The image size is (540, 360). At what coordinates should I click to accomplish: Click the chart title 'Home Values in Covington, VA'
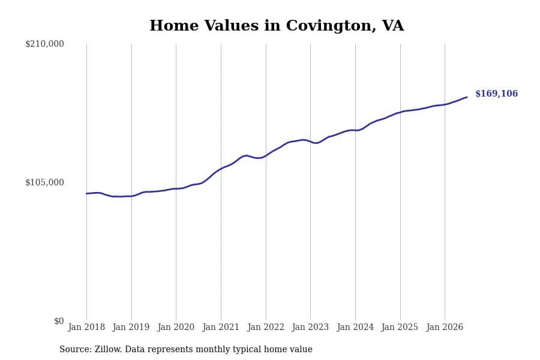click(x=277, y=26)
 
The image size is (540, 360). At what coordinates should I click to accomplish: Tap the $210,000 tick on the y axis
click(x=44, y=44)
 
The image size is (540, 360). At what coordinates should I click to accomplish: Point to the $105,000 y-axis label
click(x=44, y=182)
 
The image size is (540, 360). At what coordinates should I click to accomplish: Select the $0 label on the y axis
click(x=59, y=321)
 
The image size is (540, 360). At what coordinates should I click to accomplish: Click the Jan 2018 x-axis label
click(x=86, y=327)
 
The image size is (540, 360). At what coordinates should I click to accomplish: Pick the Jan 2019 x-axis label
click(x=131, y=327)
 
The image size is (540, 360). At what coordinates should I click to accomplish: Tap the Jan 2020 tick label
click(x=176, y=327)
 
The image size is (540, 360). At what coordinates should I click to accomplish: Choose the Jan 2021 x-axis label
click(x=221, y=327)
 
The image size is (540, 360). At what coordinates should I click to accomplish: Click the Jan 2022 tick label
click(x=266, y=327)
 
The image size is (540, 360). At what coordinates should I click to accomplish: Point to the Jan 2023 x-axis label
click(x=310, y=327)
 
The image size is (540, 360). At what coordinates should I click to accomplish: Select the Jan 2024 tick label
click(x=355, y=327)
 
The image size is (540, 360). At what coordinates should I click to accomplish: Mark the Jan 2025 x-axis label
click(x=400, y=327)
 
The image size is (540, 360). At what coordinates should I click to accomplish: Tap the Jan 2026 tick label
click(x=445, y=327)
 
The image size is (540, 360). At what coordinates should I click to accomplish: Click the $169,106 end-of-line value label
click(x=497, y=94)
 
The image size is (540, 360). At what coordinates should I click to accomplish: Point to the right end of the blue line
click(x=467, y=97)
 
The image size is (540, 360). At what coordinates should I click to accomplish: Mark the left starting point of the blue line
click(x=86, y=194)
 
